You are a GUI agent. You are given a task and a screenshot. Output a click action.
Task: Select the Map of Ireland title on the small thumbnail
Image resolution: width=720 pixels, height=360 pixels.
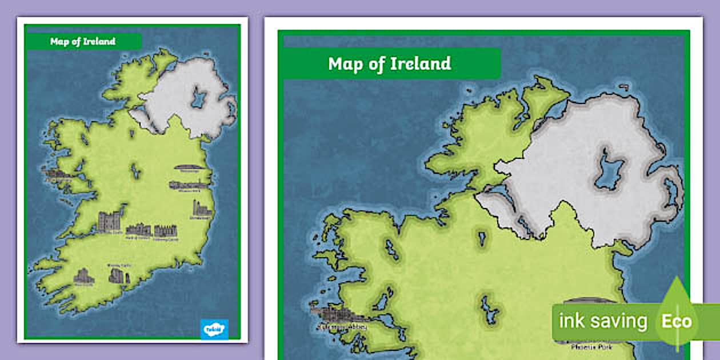pos(83,41)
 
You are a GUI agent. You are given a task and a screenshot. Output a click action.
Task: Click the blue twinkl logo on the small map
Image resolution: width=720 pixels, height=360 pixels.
pos(214,329)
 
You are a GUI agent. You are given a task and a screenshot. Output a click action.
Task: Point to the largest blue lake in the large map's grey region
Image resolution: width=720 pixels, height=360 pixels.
pos(610,169)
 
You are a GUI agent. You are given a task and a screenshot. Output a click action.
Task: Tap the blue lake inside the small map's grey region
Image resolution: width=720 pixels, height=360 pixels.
pos(198,98)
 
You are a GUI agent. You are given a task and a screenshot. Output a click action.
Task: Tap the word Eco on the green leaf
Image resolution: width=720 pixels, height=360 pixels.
pos(677,321)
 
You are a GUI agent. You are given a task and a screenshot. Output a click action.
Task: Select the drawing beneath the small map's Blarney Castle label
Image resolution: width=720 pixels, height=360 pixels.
pos(117,275)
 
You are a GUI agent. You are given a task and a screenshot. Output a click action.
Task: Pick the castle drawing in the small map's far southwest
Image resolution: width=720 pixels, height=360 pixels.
pos(83,276)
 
